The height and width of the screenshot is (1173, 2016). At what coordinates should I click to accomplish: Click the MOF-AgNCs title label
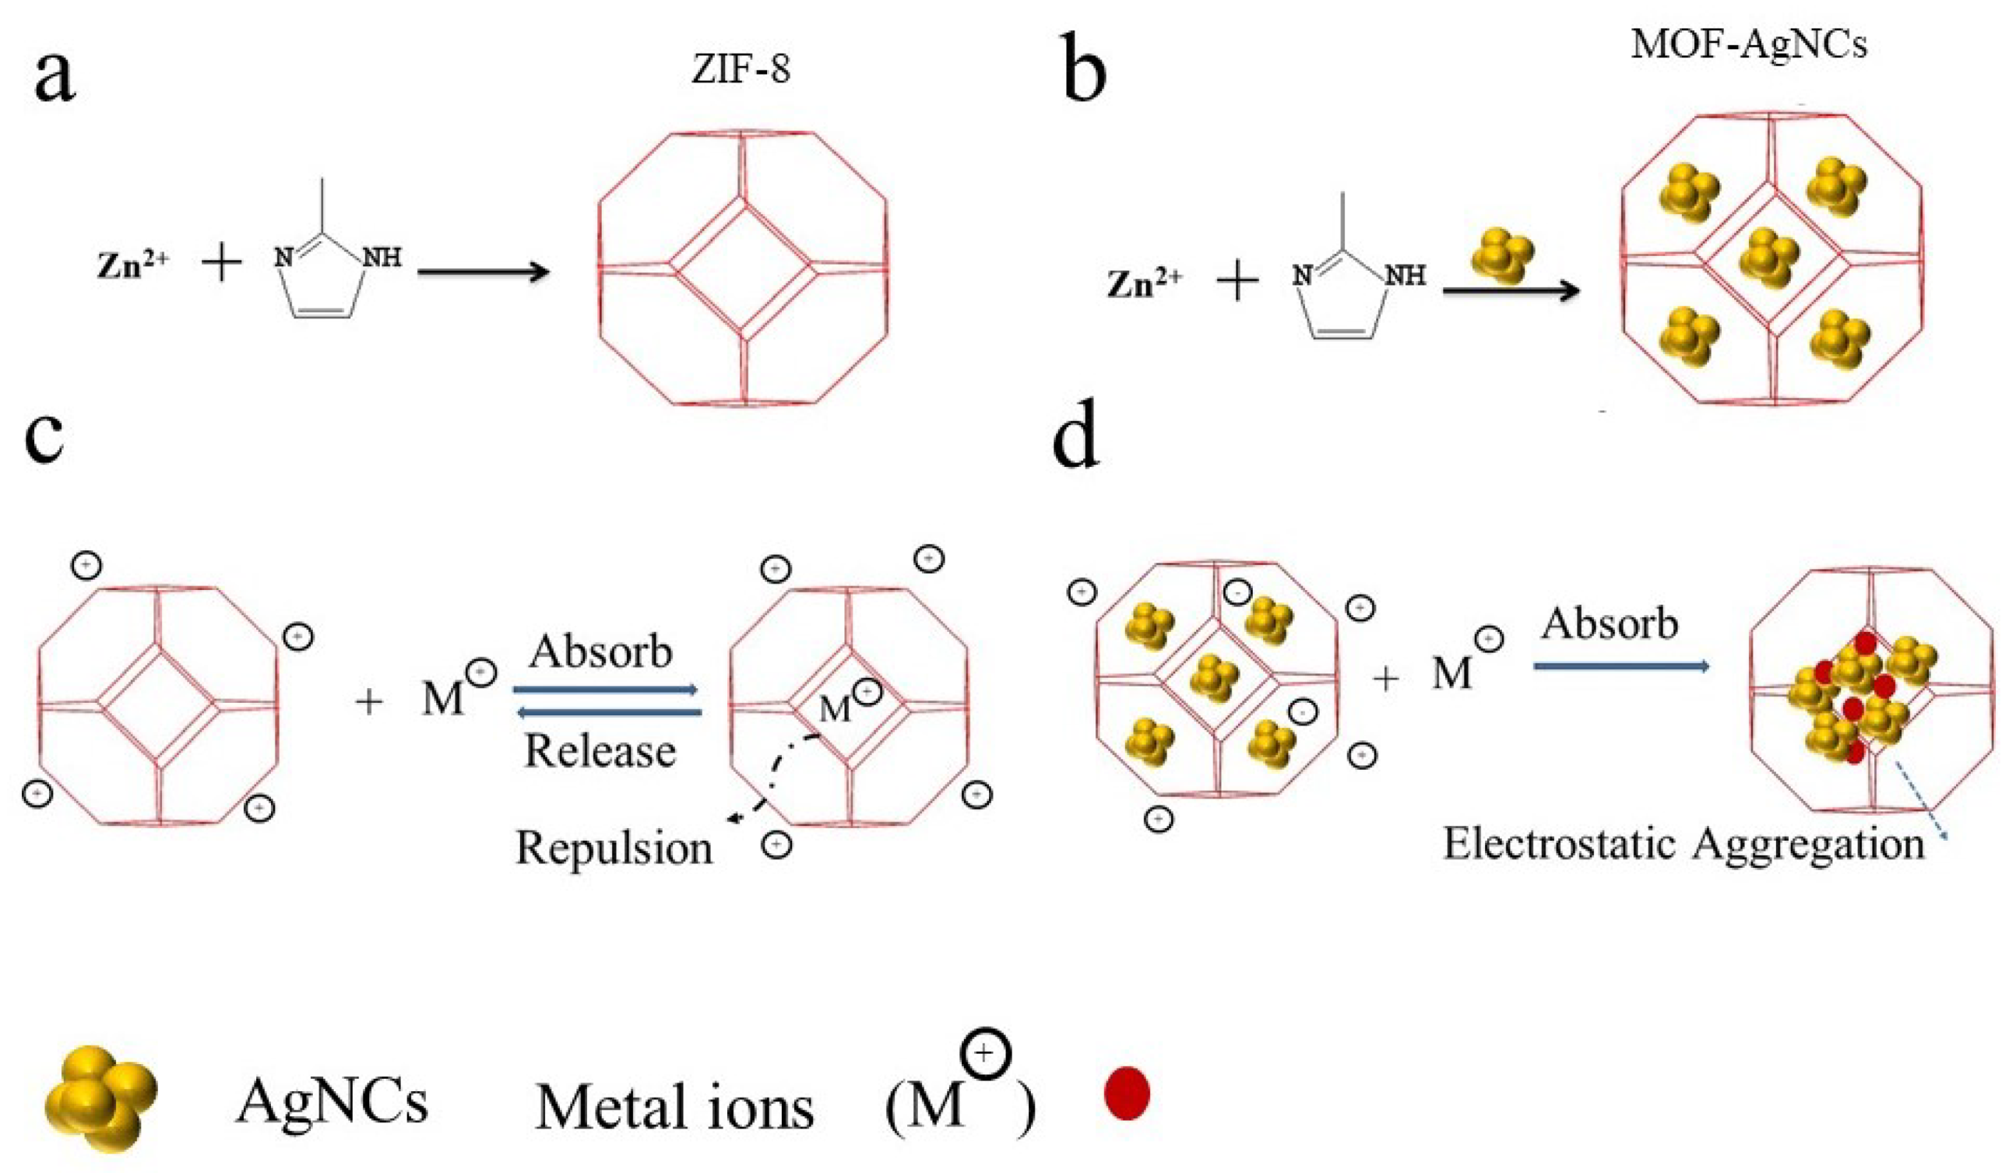(1749, 43)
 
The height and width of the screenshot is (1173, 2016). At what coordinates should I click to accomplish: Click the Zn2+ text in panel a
(133, 265)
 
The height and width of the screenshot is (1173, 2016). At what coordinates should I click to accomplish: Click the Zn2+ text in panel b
(1144, 283)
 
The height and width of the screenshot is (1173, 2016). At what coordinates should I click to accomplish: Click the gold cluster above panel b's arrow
(1503, 256)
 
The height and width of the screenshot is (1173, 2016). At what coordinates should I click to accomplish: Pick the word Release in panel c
(600, 751)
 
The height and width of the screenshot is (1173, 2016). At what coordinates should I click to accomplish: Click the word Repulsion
(614, 847)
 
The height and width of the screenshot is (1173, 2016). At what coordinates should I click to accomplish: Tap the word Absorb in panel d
(1610, 623)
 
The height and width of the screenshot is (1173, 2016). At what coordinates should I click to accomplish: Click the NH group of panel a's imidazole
(382, 258)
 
